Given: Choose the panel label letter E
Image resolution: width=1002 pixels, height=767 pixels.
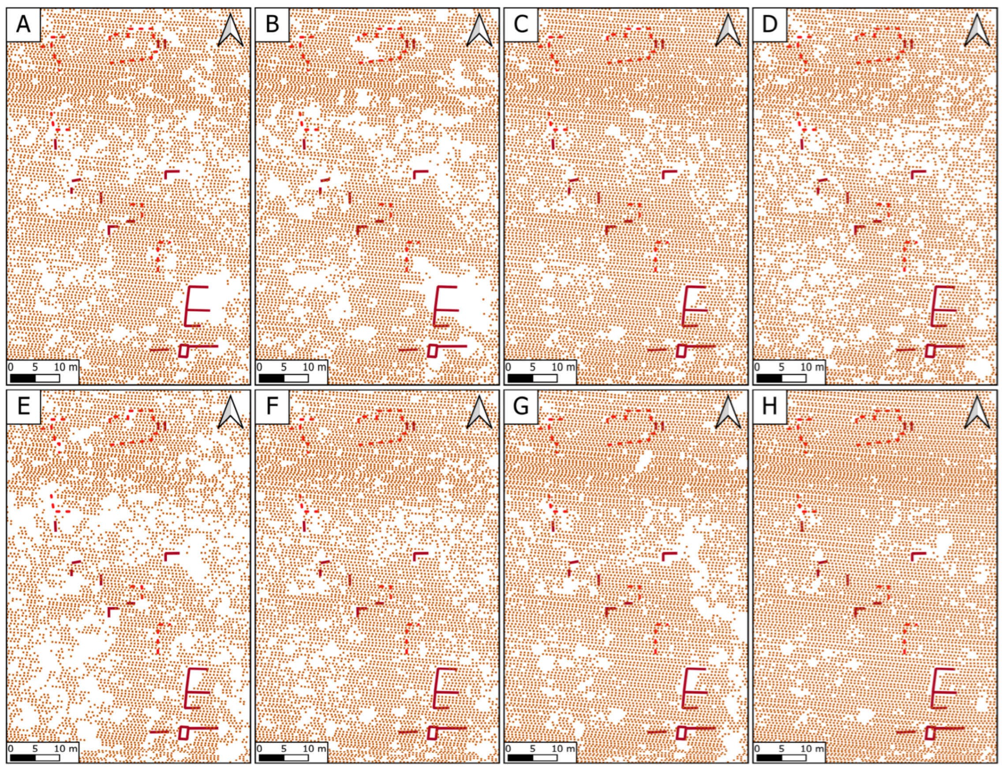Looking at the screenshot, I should [23, 406].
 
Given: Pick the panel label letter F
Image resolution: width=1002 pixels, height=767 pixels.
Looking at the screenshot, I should [272, 406].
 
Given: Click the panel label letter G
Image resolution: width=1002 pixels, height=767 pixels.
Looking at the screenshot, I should [521, 406].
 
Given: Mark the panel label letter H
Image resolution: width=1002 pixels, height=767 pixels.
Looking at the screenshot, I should [770, 406].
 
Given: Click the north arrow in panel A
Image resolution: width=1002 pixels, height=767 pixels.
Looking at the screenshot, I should [231, 30].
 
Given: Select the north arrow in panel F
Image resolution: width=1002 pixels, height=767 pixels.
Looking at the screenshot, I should [479, 412].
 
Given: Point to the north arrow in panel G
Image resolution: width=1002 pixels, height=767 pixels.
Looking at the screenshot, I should [729, 412].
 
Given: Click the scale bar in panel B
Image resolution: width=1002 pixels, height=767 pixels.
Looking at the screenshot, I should [284, 378].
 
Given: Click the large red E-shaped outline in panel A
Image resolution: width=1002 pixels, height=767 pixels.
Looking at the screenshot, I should [187, 306].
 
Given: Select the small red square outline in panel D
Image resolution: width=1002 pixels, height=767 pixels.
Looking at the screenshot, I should [930, 350].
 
